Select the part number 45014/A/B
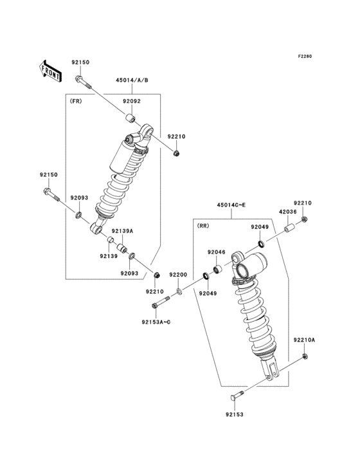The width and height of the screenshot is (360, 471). tap(132, 80)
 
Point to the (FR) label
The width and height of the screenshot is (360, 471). tap(76, 101)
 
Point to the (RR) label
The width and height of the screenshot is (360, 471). tap(204, 226)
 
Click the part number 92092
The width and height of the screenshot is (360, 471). tap(132, 101)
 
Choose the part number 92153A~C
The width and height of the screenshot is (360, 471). tap(157, 321)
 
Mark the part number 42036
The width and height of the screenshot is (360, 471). tap(287, 210)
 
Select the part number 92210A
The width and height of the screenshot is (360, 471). tap(305, 339)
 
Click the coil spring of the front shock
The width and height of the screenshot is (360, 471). tap(125, 187)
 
